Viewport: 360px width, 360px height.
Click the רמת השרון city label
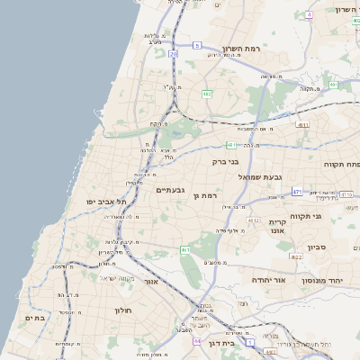[240, 48]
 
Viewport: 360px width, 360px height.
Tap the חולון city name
[122, 310]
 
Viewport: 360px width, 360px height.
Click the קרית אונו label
[277, 225]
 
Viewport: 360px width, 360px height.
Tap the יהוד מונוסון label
[328, 281]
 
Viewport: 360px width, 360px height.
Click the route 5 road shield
[197, 43]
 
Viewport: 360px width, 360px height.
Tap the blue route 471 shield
[297, 191]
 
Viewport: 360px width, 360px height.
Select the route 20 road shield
[174, 54]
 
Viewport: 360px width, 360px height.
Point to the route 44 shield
[196, 341]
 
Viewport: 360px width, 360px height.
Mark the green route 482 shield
[208, 93]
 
